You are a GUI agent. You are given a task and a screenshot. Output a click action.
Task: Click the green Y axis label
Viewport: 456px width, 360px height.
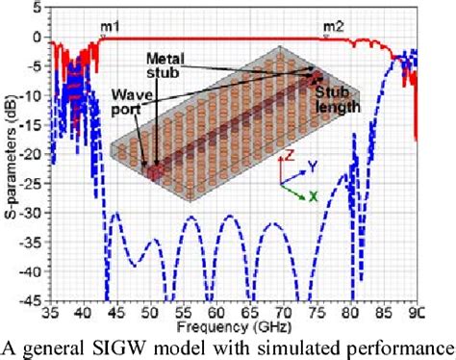coord(311,166)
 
